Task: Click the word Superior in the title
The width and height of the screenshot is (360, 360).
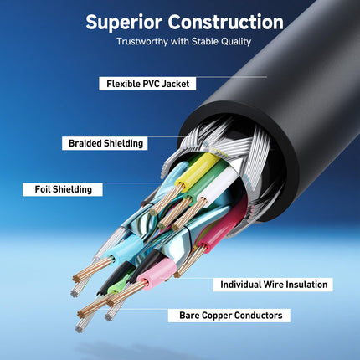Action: pyautogui.click(x=124, y=23)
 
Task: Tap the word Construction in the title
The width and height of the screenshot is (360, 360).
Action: pyautogui.click(x=226, y=22)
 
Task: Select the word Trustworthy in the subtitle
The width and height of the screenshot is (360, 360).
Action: pyautogui.click(x=142, y=42)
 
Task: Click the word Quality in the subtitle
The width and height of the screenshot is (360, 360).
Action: pyautogui.click(x=236, y=42)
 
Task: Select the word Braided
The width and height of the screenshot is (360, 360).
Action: pyautogui.click(x=85, y=143)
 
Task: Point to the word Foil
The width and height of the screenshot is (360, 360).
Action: pyautogui.click(x=43, y=189)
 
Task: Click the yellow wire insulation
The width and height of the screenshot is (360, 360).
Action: pyautogui.click(x=198, y=169)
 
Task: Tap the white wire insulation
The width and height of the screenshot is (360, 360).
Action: pyautogui.click(x=219, y=183)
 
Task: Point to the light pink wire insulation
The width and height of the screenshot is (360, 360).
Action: pyautogui.click(x=157, y=271)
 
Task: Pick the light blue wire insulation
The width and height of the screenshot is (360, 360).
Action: pyautogui.click(x=123, y=248)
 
